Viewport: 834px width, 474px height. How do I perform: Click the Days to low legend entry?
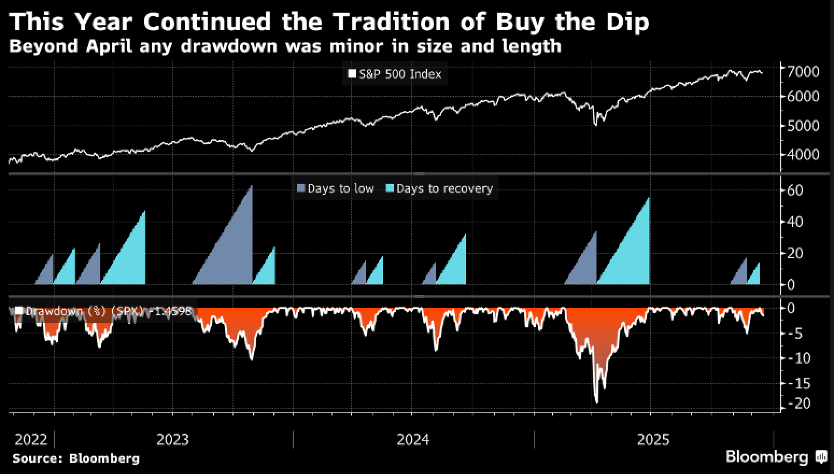(x=335, y=189)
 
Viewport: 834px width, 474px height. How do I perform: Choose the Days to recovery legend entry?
(x=440, y=189)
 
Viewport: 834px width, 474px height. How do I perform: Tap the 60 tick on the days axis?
(x=795, y=190)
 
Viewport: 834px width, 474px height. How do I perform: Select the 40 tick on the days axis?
(x=795, y=222)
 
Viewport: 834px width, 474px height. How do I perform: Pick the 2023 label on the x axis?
(x=173, y=440)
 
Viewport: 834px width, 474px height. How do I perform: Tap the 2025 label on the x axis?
(x=653, y=440)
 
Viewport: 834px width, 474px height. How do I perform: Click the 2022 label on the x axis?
(x=31, y=440)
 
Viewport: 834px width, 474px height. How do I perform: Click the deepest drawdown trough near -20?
(x=596, y=400)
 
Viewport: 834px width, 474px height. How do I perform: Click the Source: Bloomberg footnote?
(x=76, y=458)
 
